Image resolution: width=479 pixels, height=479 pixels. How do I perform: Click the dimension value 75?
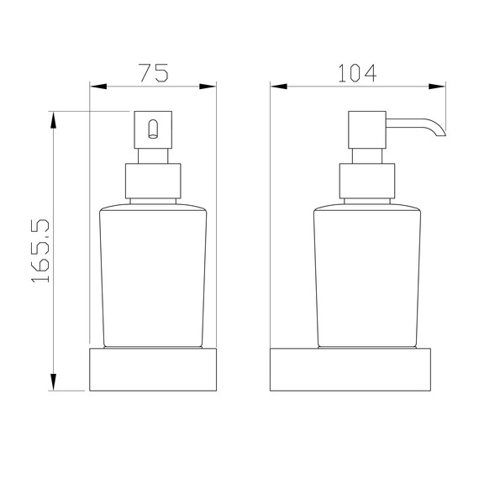coord(153,72)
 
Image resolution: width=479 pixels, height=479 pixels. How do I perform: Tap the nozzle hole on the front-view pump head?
coord(152,129)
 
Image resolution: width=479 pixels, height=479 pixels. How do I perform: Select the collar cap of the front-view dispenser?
coord(152,182)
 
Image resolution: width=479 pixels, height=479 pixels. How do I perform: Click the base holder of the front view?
coord(152,370)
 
